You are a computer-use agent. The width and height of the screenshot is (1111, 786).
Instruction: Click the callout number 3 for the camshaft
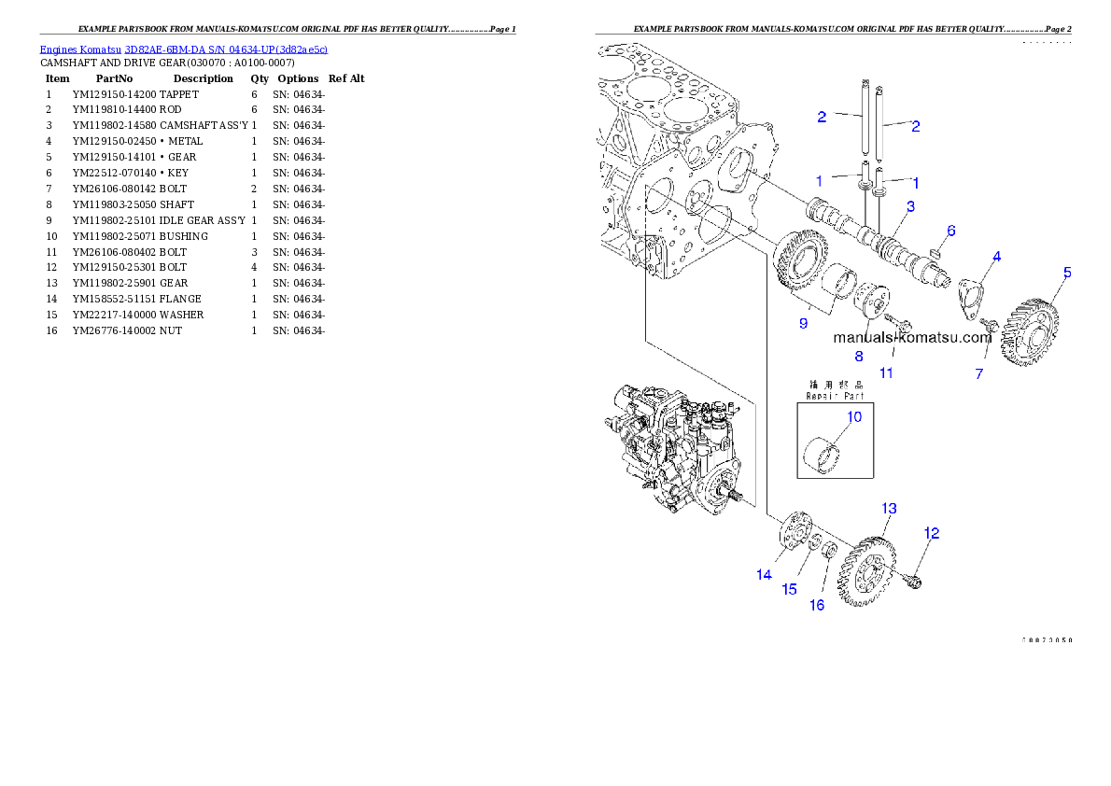909,205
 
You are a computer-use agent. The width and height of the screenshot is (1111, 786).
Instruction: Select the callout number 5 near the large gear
1067,274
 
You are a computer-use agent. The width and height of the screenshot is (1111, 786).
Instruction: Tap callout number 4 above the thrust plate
997,256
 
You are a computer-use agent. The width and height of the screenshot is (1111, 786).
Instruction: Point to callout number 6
950,231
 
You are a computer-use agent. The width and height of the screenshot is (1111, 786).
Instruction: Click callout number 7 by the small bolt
979,374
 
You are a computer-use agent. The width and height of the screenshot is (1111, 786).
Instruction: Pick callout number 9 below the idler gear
802,323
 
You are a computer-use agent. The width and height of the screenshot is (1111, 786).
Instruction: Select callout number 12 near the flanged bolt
931,533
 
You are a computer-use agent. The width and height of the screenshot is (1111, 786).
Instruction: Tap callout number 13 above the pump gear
889,509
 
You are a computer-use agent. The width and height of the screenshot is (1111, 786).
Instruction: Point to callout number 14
764,575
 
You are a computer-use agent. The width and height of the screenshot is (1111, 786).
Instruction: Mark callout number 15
789,589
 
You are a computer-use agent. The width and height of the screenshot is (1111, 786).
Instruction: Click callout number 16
817,605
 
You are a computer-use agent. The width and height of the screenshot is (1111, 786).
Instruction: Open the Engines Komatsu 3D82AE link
183,49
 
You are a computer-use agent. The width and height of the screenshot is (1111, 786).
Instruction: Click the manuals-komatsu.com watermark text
911,338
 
